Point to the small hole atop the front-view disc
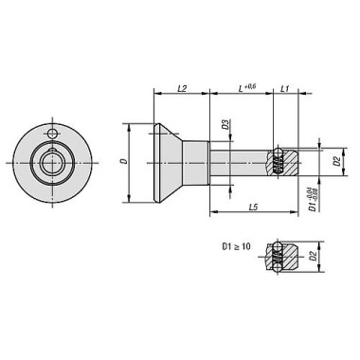point(55,132)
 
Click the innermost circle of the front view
point(51,162)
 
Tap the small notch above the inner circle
point(51,148)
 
